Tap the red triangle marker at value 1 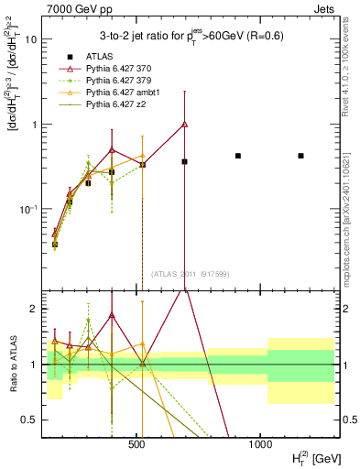tap(185, 124)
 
